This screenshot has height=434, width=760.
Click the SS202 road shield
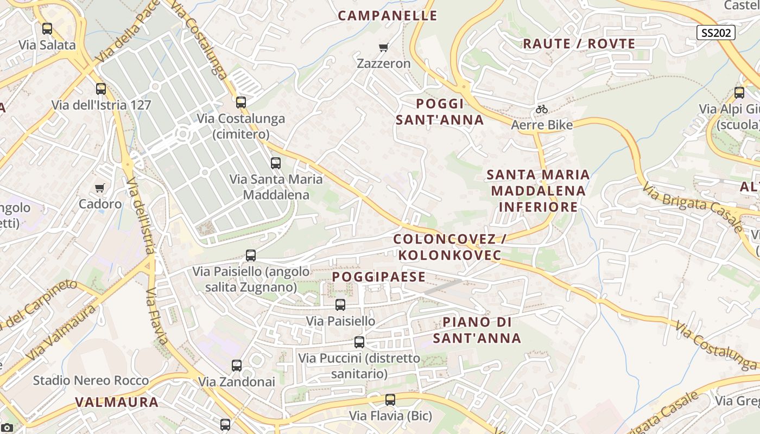[716, 33]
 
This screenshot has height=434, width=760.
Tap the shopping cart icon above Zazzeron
[384, 48]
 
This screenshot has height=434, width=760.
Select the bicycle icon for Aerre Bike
[541, 110]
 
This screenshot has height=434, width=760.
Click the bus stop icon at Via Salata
[47, 29]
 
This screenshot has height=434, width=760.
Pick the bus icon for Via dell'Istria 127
[101, 89]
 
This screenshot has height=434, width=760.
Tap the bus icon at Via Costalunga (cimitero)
[241, 102]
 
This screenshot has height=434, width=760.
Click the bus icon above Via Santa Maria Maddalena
[276, 163]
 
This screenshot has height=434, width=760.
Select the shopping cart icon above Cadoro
[100, 188]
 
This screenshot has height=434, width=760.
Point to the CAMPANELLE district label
[388, 16]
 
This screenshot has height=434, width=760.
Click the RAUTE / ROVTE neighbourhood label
[579, 44]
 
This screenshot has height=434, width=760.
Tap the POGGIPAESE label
[379, 277]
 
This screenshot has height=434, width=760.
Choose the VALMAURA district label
[117, 403]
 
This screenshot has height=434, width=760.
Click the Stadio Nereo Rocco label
[91, 380]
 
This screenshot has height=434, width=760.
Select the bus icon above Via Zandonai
[237, 366]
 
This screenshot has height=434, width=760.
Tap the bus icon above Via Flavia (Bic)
[390, 400]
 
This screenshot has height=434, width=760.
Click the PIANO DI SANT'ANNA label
[477, 330]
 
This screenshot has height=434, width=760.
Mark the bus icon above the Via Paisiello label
[340, 305]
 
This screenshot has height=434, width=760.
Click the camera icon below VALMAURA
[7, 429]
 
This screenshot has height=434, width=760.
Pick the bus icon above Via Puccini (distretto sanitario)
[359, 342]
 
